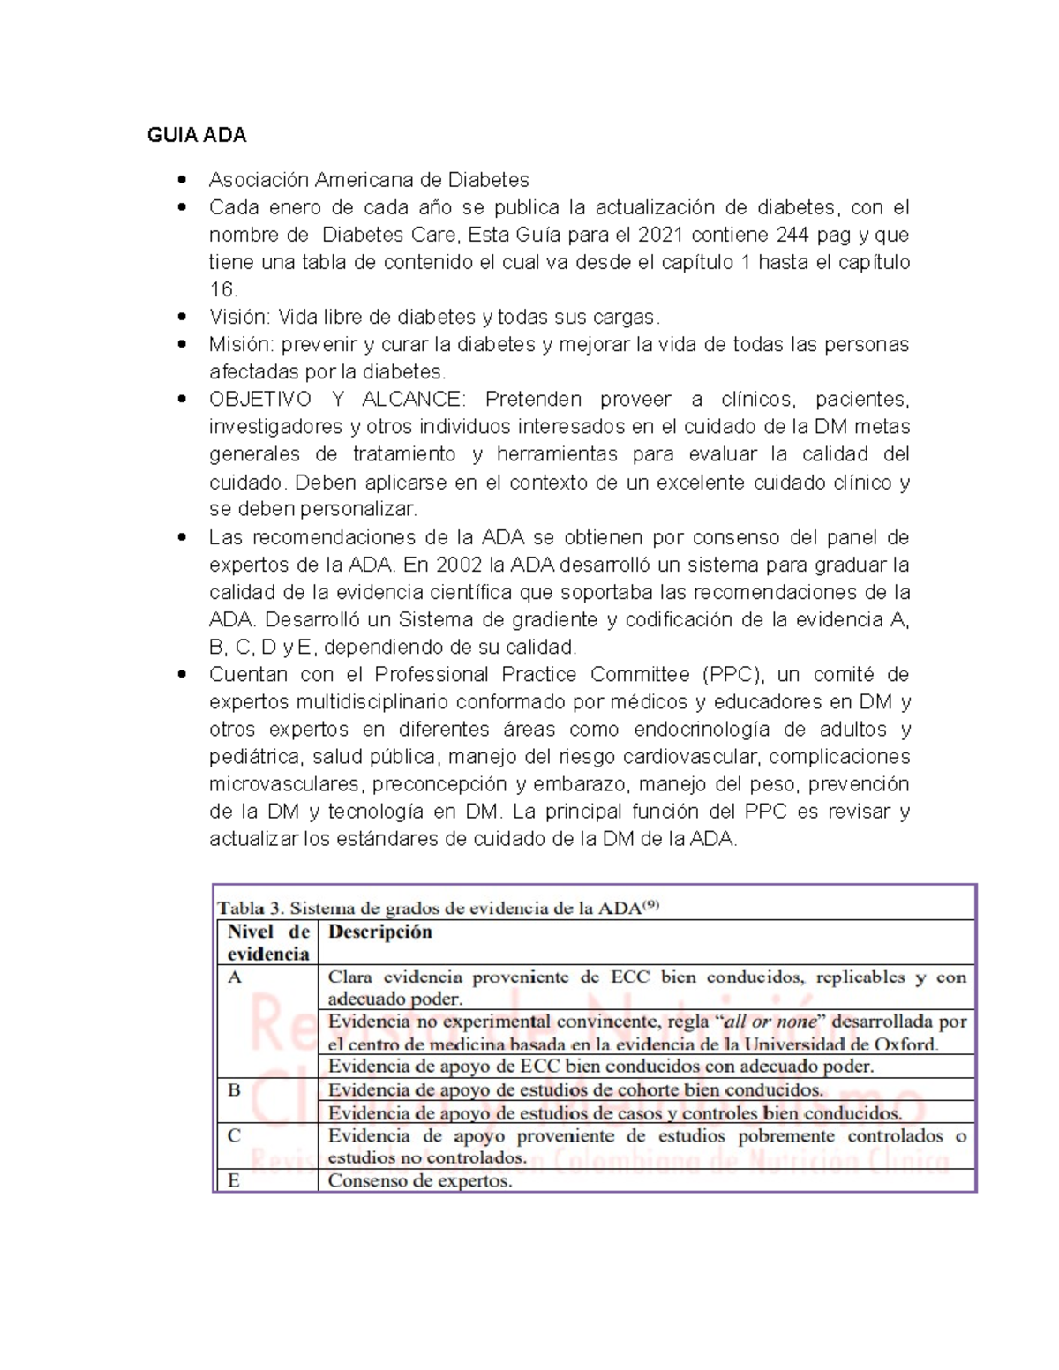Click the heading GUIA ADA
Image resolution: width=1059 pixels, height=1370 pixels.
tap(197, 135)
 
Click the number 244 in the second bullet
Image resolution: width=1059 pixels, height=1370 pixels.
tap(792, 235)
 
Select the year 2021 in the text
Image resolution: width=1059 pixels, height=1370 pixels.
tap(658, 235)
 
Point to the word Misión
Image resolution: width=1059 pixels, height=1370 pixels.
tap(241, 344)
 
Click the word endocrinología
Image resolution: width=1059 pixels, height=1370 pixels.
tap(702, 730)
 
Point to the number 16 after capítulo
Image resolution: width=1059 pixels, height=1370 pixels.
tap(222, 289)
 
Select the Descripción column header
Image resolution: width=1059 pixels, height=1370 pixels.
tap(380, 932)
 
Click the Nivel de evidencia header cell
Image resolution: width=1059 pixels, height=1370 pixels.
tap(268, 942)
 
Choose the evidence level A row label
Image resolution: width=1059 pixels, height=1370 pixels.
tap(235, 977)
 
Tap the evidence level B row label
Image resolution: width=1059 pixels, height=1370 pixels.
tap(234, 1090)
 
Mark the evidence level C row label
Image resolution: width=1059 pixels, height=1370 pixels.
tap(234, 1135)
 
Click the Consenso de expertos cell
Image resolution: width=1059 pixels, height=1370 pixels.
tap(420, 1180)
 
